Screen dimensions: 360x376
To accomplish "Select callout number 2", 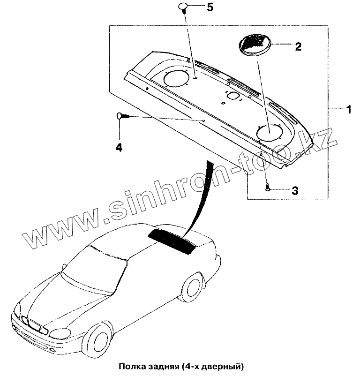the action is pyautogui.click(x=298, y=46).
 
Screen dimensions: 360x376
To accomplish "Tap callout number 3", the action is pyautogui.click(x=295, y=190).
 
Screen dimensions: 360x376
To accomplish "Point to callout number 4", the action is pyautogui.click(x=119, y=147).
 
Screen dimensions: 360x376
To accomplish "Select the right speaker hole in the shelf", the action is pyautogui.click(x=270, y=132).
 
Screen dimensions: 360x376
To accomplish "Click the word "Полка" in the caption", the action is pyautogui.click(x=132, y=366).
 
